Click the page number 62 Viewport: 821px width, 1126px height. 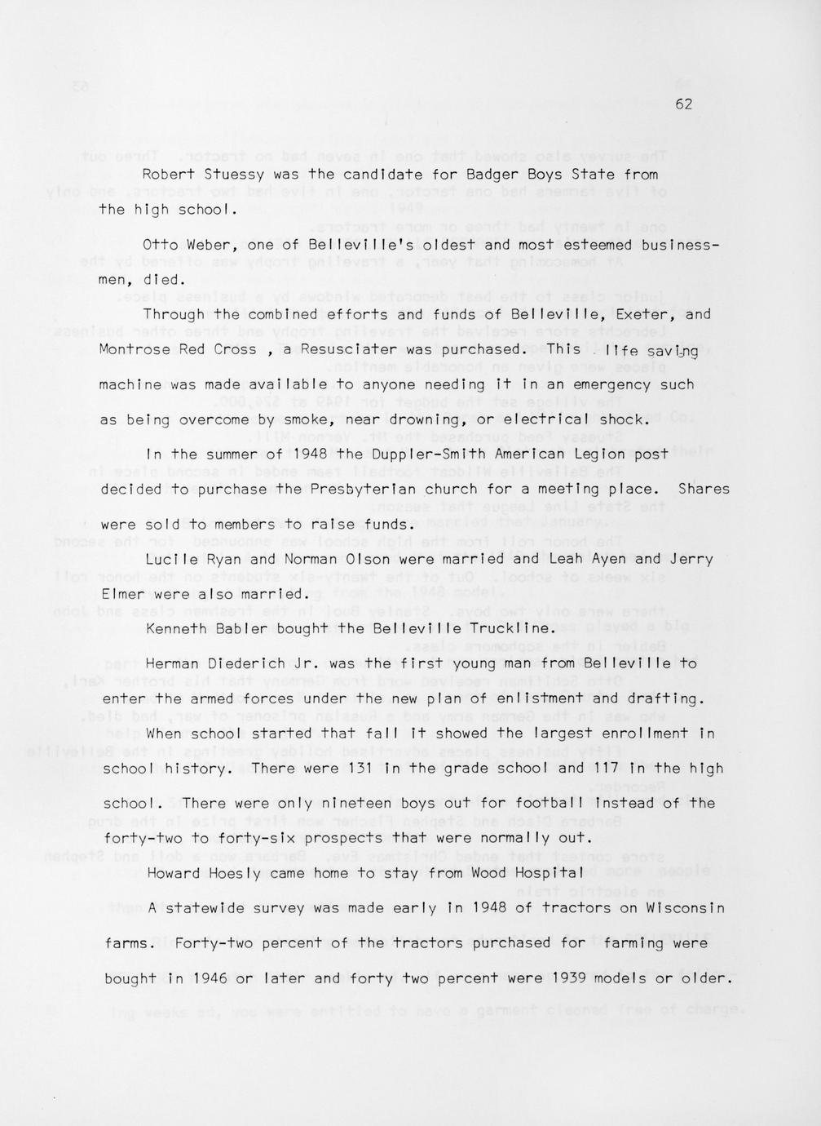coord(683,104)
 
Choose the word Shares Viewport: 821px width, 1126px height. coord(704,490)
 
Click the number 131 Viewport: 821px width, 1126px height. coord(360,769)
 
